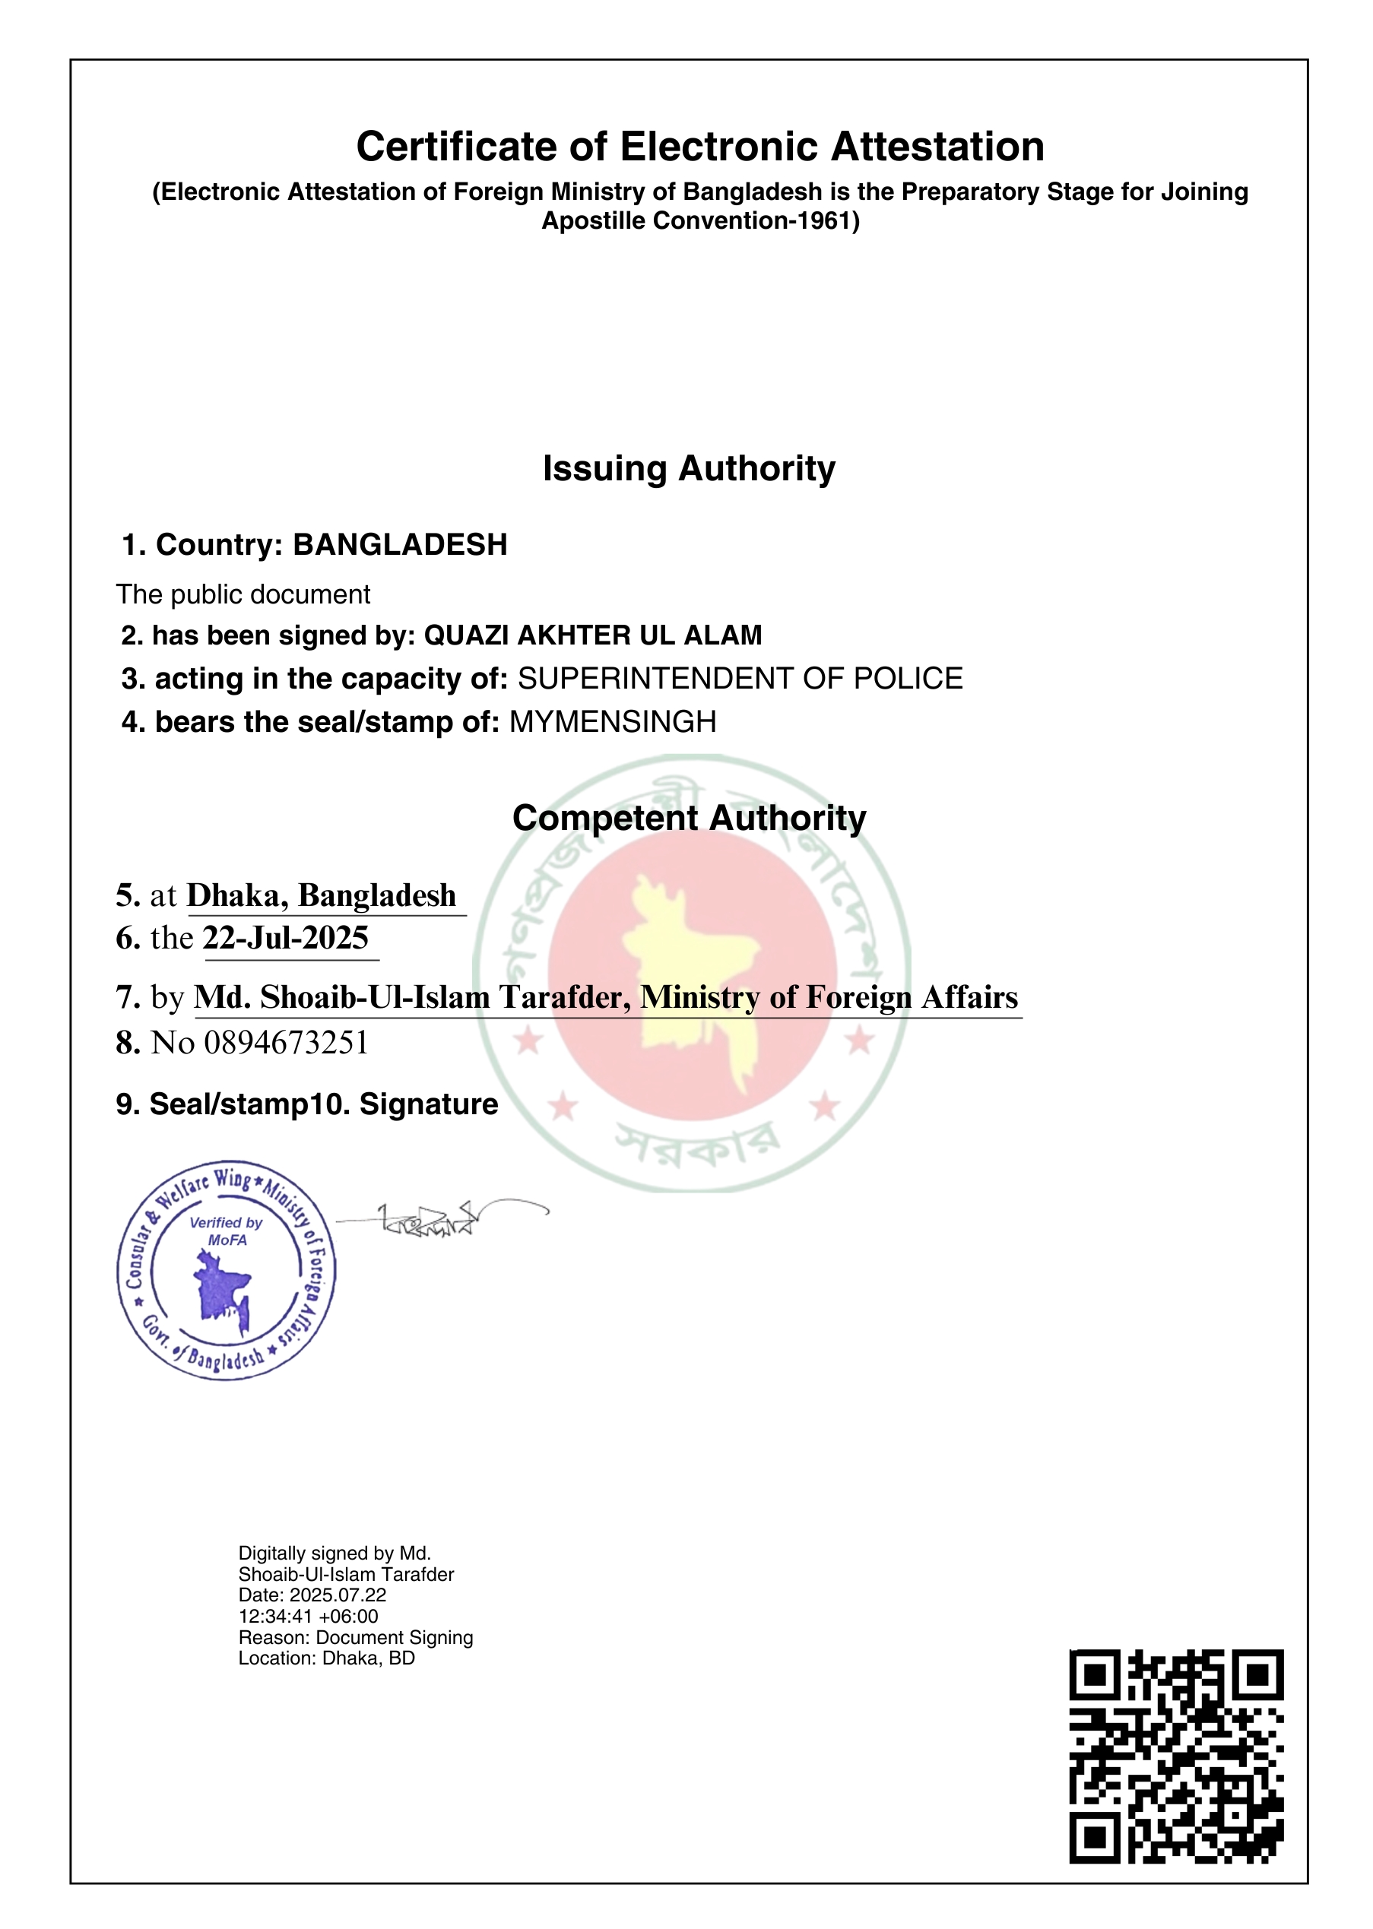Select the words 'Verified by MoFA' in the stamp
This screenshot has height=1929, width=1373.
click(226, 1231)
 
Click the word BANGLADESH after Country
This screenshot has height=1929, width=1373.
click(400, 545)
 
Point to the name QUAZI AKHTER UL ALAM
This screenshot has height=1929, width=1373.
click(593, 635)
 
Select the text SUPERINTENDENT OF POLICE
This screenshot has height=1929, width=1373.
click(740, 679)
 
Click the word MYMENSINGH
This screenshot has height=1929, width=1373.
click(613, 722)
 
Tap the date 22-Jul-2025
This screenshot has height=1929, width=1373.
click(286, 939)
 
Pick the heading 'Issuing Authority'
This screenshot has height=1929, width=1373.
click(689, 469)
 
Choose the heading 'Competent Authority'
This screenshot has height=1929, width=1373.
click(689, 819)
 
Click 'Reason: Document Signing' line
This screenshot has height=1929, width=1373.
click(355, 1637)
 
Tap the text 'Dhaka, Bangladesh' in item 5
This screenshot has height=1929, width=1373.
click(322, 896)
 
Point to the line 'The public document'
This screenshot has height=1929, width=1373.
click(243, 595)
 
